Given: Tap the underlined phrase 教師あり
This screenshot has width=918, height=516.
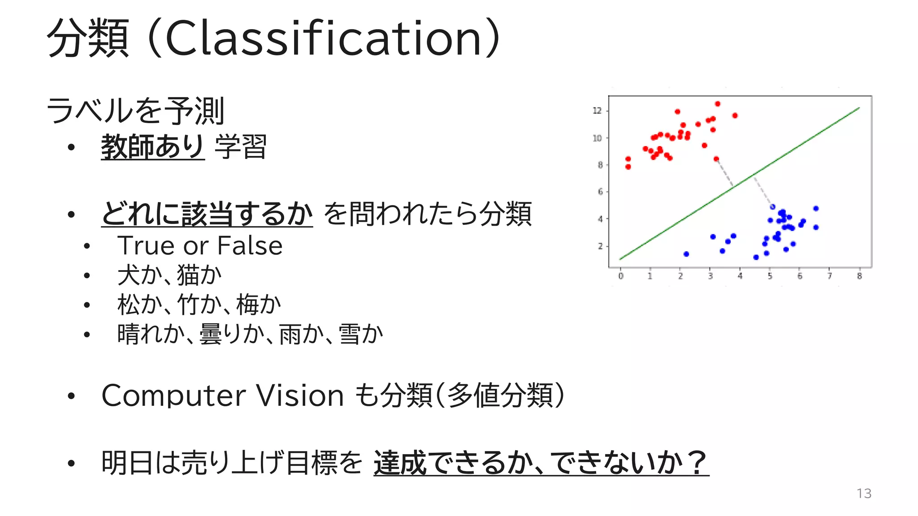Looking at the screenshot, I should pyautogui.click(x=153, y=146).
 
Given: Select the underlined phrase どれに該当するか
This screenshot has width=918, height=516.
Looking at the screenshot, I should pyautogui.click(x=207, y=214).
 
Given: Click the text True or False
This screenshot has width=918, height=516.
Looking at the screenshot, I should pyautogui.click(x=200, y=245).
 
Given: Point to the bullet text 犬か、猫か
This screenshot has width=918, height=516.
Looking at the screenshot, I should pyautogui.click(x=169, y=275).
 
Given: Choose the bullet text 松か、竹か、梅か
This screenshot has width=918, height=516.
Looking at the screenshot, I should pyautogui.click(x=199, y=305).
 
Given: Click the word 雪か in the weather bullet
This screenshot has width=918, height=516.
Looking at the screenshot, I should pyautogui.click(x=361, y=334).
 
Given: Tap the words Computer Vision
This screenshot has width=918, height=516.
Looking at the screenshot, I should pyautogui.click(x=223, y=396).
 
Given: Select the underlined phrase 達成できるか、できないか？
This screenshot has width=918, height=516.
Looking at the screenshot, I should pyautogui.click(x=541, y=463).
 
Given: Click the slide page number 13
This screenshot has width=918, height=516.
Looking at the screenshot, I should pyautogui.click(x=864, y=493).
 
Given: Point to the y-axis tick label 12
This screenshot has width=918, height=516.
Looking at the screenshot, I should pyautogui.click(x=597, y=111).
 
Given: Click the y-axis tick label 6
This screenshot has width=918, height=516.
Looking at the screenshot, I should pyautogui.click(x=600, y=192).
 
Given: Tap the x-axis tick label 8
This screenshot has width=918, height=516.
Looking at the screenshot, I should pyautogui.click(x=859, y=276).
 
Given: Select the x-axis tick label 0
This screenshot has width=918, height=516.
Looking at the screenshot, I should pyautogui.click(x=621, y=276).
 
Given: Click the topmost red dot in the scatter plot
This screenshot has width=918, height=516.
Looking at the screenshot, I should pyautogui.click(x=718, y=104).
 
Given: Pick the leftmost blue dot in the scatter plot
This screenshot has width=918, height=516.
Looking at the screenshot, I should pyautogui.click(x=686, y=254).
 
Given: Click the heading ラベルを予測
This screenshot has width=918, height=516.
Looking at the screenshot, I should pyautogui.click(x=135, y=111).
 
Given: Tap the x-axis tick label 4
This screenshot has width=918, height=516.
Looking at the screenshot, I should pyautogui.click(x=740, y=276).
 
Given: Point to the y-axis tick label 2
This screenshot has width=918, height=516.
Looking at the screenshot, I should pyautogui.click(x=600, y=246).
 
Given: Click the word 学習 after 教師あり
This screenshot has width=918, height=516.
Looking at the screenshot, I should pyautogui.click(x=241, y=146).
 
